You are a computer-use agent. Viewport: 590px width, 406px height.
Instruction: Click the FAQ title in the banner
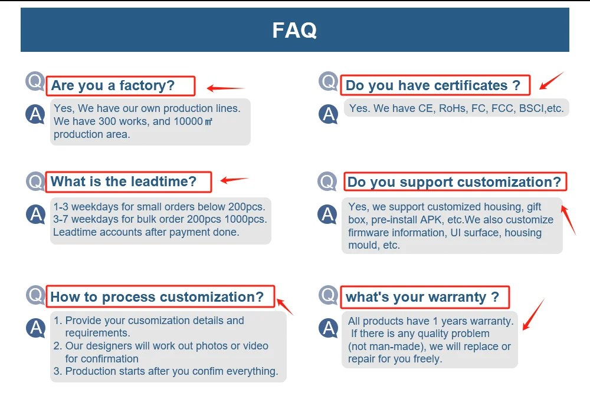pyautogui.click(x=294, y=30)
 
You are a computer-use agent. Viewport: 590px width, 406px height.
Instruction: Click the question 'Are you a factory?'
pyautogui.click(x=113, y=86)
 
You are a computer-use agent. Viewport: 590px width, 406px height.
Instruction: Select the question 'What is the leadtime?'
pyautogui.click(x=123, y=181)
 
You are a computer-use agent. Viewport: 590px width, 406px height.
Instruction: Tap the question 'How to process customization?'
pyautogui.click(x=157, y=297)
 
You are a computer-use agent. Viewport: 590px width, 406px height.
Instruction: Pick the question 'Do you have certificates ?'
pyautogui.click(x=433, y=86)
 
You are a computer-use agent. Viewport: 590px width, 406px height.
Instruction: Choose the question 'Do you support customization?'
pyautogui.click(x=454, y=182)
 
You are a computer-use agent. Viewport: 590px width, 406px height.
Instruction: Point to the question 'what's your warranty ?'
pyautogui.click(x=422, y=297)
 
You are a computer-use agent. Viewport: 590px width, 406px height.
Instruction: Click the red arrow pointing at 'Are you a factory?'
pyautogui.click(x=225, y=89)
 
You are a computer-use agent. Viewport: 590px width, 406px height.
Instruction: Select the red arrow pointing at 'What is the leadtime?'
pyautogui.click(x=234, y=180)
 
